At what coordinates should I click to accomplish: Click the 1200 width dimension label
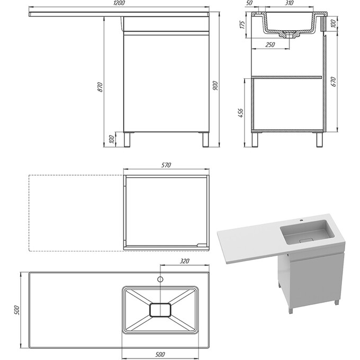tap(119, 3)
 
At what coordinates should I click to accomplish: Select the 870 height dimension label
tap(101, 87)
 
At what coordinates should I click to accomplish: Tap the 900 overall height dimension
tap(215, 86)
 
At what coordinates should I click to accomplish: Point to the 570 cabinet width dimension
tap(166, 165)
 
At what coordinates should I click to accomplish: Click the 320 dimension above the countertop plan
tap(184, 261)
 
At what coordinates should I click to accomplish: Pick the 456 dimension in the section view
tap(241, 113)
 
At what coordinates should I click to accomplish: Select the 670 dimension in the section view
tap(334, 82)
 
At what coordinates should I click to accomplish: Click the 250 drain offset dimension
tap(270, 44)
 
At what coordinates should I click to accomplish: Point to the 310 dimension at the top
tap(289, 3)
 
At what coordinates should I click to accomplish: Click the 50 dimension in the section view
tap(249, 3)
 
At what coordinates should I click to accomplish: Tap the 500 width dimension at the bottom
tap(160, 354)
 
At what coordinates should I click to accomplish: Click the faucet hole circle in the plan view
tap(160, 279)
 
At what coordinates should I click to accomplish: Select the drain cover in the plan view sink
tap(160, 310)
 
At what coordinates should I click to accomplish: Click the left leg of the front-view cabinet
tap(127, 139)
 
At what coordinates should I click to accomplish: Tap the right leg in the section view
tap(319, 140)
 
